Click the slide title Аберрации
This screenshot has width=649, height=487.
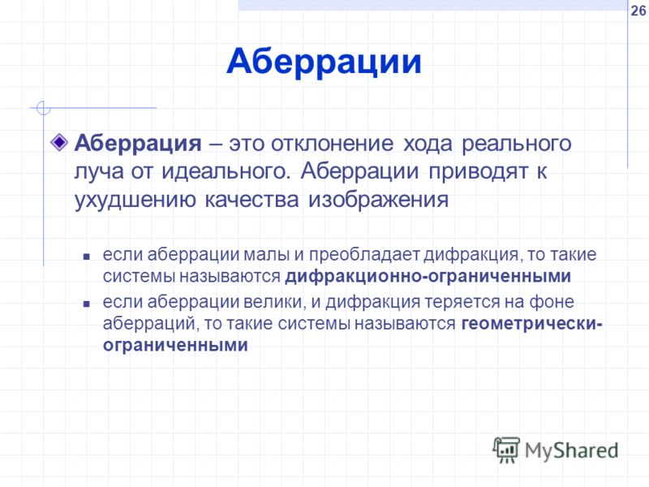[324, 62]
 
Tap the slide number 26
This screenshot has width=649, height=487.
[638, 11]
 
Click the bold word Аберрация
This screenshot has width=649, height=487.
[138, 144]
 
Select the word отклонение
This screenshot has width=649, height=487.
[332, 144]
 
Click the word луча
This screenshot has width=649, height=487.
[99, 172]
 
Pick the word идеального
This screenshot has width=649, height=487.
[225, 172]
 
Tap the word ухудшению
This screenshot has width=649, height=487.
[135, 200]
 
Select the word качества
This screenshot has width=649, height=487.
[251, 200]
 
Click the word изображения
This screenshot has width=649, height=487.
[378, 200]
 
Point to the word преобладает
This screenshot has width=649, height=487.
[364, 255]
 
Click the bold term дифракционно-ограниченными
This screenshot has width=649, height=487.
[428, 276]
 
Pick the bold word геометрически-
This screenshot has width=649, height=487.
[532, 324]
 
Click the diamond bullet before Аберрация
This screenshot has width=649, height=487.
[59, 143]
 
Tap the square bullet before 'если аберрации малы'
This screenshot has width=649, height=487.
[86, 256]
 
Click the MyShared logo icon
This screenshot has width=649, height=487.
[505, 450]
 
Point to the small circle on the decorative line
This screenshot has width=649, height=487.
[44, 108]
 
